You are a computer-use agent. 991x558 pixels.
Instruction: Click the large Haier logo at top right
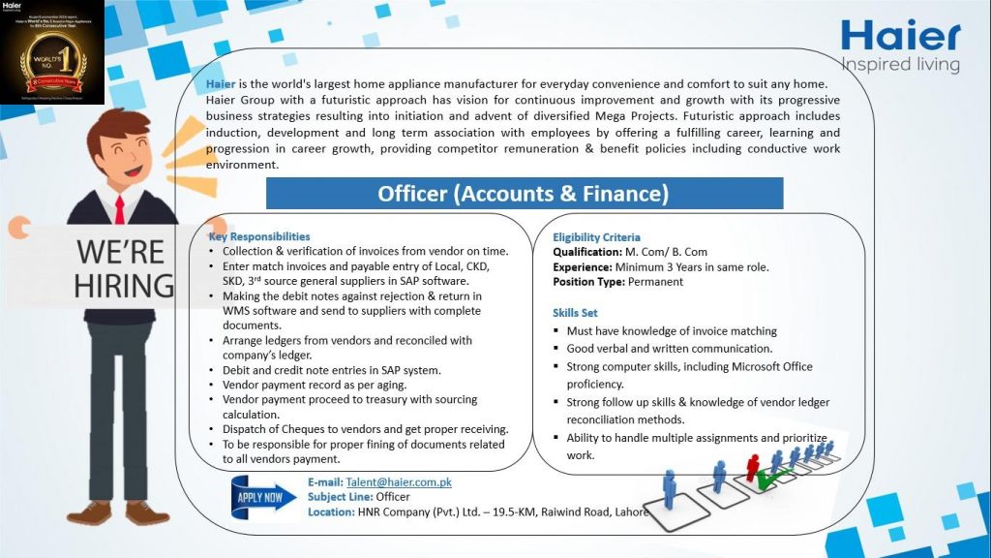pyautogui.click(x=900, y=36)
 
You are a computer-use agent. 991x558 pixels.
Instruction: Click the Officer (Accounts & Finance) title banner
pyautogui.click(x=524, y=194)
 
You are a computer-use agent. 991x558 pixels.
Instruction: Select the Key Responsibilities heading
pyautogui.click(x=259, y=236)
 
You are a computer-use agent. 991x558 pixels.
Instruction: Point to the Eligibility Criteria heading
pyautogui.click(x=596, y=237)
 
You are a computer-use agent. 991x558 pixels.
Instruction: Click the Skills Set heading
pyautogui.click(x=575, y=313)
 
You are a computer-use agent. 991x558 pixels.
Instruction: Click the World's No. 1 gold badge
pyautogui.click(x=51, y=58)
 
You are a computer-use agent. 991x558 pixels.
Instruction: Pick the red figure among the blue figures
pyautogui.click(x=752, y=466)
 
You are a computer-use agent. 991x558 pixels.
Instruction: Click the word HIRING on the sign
pyautogui.click(x=124, y=286)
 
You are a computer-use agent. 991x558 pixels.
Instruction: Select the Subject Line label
pyautogui.click(x=339, y=497)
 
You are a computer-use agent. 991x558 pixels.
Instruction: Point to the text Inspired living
pyautogui.click(x=900, y=65)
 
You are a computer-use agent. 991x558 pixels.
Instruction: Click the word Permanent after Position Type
pyautogui.click(x=655, y=282)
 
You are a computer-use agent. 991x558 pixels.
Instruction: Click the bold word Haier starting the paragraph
pyautogui.click(x=221, y=84)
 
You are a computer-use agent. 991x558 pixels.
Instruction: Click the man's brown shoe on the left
pyautogui.click(x=92, y=511)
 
